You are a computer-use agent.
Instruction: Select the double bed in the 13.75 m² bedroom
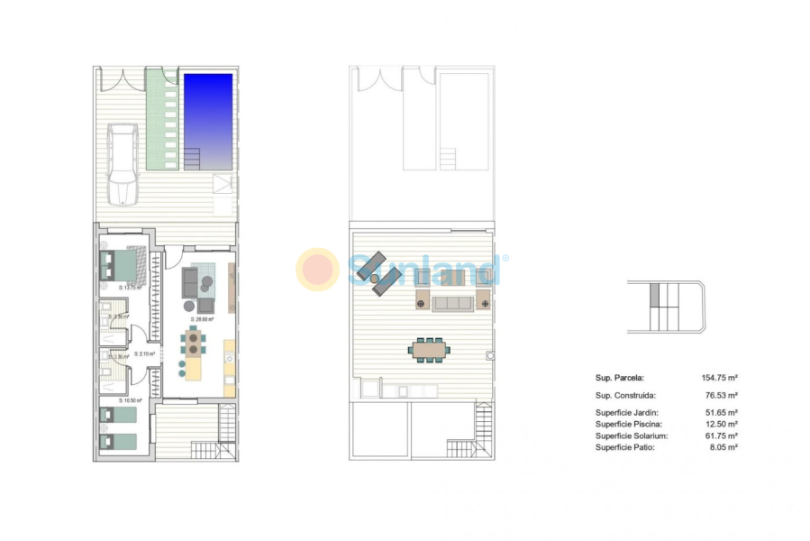coord(122,266)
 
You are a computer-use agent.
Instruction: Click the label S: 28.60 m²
coord(202,319)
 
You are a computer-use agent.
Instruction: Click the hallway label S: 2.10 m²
coord(144,354)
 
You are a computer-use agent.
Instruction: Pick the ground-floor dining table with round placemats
coord(194,343)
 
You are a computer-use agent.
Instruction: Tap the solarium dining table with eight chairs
coord(429,348)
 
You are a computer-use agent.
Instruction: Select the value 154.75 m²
coord(720,379)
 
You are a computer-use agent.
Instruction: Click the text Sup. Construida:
coord(625,395)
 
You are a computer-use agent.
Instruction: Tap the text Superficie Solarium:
coord(633,436)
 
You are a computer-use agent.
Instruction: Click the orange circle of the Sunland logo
coord(317,269)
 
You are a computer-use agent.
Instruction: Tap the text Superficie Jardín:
coord(628,412)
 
